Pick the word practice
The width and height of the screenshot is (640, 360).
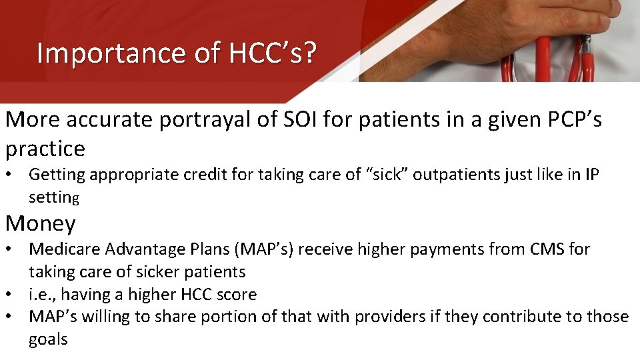[x=45, y=149]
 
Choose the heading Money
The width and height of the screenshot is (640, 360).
[x=41, y=223]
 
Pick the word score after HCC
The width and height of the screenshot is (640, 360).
[x=234, y=295]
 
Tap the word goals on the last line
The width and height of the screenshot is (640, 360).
[x=48, y=339]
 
